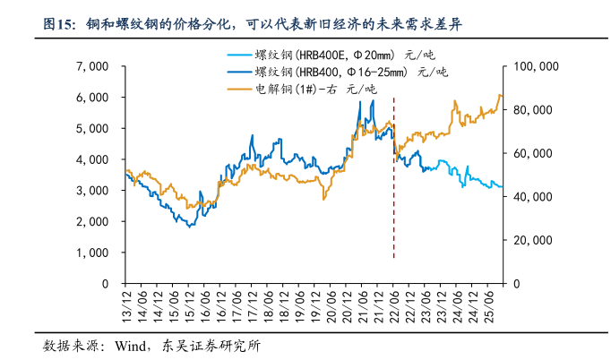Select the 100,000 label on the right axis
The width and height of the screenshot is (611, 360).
click(x=537, y=66)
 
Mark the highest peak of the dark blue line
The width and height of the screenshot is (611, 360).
click(x=372, y=101)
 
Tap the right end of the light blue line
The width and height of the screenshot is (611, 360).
click(x=502, y=186)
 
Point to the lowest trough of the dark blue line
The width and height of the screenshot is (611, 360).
click(x=190, y=227)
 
